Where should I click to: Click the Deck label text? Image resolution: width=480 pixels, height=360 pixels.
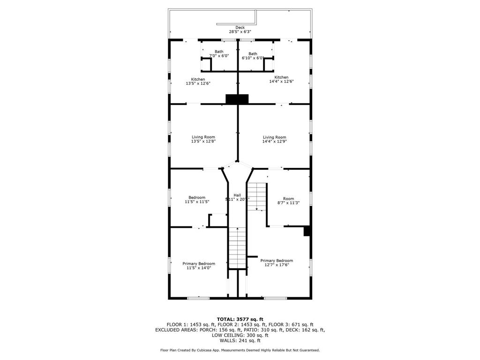(240, 28)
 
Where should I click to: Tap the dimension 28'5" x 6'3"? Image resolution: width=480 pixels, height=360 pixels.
(240, 32)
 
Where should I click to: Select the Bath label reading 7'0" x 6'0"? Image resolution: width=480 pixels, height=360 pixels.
(219, 53)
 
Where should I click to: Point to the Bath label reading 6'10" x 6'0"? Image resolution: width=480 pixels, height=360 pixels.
(253, 56)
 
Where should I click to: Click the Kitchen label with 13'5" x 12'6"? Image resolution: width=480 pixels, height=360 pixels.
(198, 81)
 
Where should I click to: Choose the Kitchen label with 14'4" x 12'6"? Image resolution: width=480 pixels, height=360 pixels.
(281, 79)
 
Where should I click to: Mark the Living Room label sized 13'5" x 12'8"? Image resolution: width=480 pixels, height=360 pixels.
(203, 139)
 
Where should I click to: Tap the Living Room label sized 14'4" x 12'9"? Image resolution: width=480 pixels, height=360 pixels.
(274, 139)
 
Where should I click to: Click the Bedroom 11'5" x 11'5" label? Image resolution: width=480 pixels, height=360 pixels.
(197, 199)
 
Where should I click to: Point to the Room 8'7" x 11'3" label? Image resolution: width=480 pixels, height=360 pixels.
(288, 201)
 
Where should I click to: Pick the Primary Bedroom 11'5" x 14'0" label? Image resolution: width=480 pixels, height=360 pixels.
(199, 266)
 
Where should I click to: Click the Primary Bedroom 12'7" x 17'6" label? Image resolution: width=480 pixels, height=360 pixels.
(277, 262)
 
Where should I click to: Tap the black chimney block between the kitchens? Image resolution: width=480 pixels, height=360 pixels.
(237, 99)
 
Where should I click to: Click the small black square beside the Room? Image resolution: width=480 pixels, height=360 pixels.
(307, 231)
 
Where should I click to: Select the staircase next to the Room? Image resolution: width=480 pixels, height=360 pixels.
(256, 196)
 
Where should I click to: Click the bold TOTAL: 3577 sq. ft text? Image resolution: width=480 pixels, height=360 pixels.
(240, 319)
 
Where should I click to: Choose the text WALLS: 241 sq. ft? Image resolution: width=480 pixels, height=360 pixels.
(240, 341)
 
